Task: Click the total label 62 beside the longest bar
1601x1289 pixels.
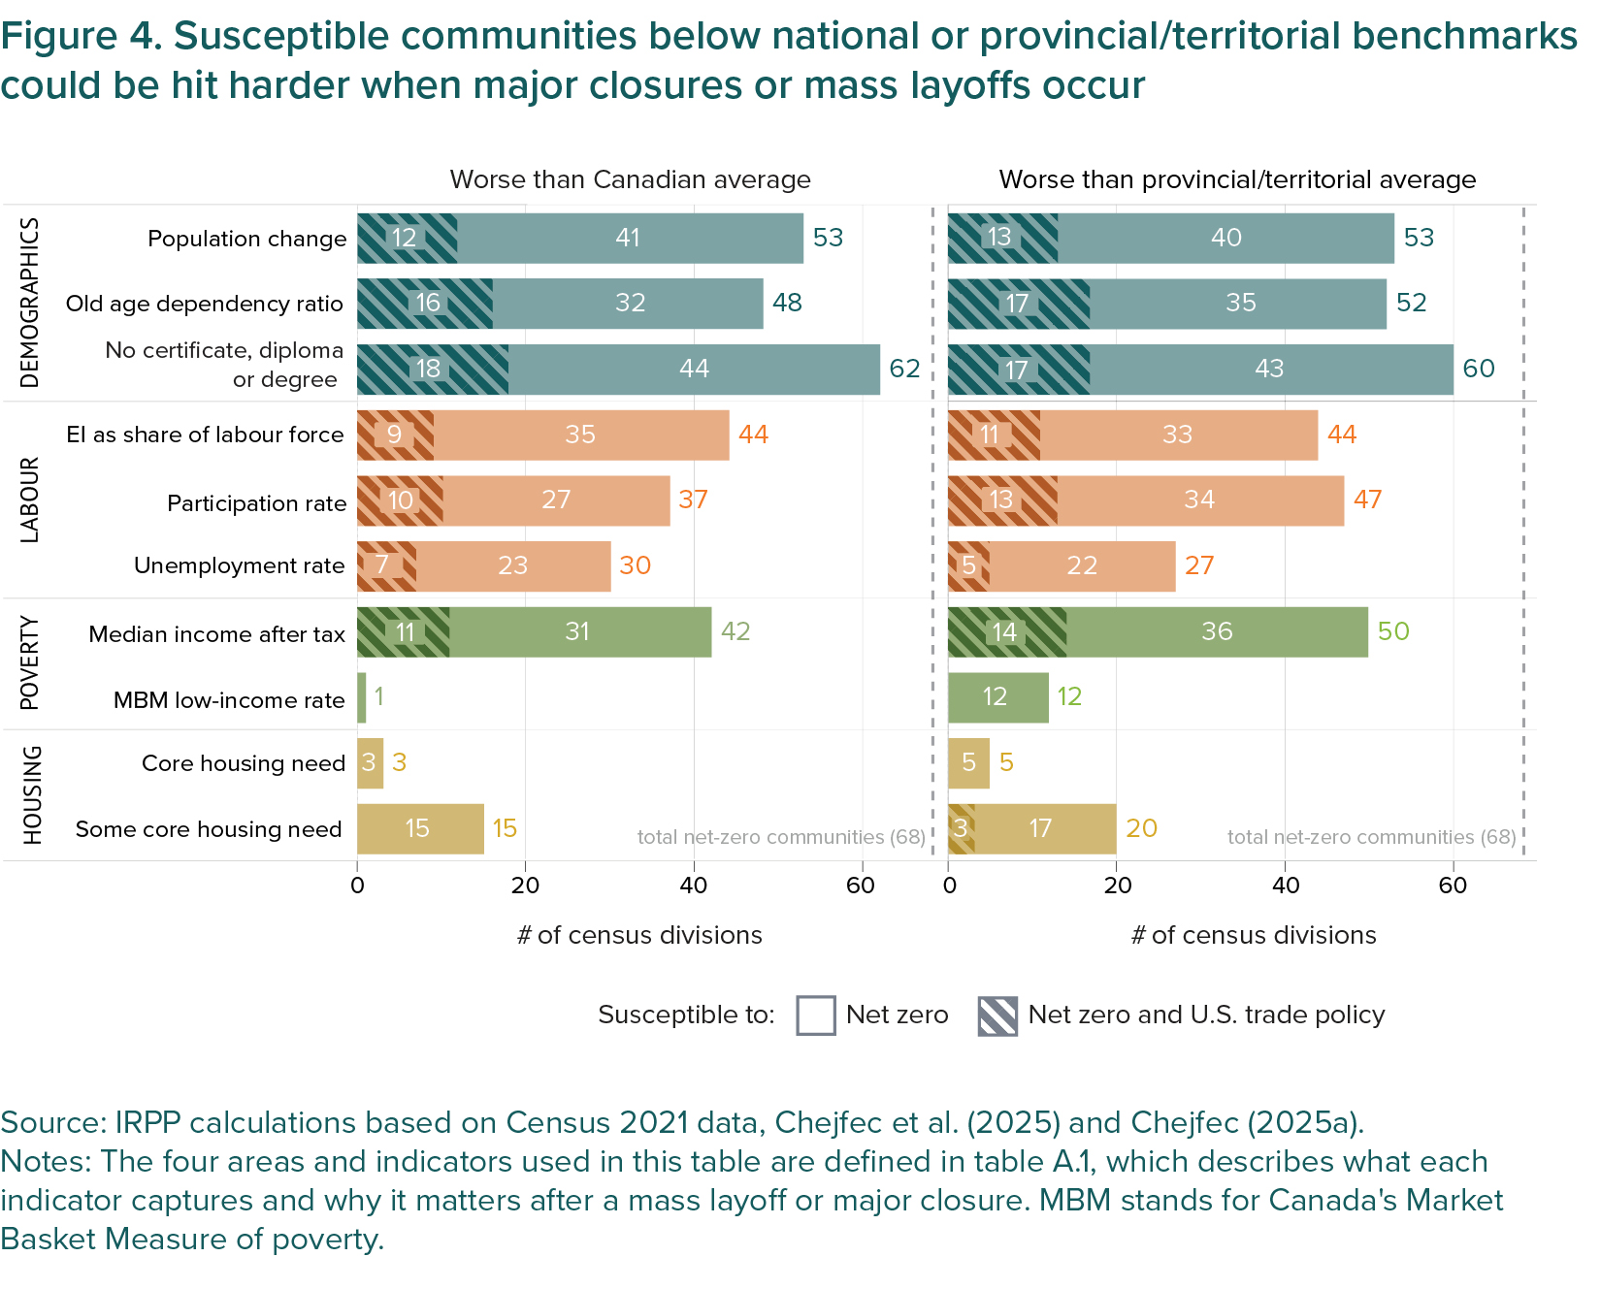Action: coord(904,369)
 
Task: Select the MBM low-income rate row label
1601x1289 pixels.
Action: coord(229,700)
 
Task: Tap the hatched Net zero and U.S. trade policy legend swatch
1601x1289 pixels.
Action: coord(997,1016)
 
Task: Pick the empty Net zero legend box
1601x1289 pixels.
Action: coord(815,1016)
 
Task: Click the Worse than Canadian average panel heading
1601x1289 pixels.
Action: coord(630,180)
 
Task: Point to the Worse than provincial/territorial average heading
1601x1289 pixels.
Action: coord(1237,180)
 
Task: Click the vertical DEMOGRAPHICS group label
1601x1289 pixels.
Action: coord(31,303)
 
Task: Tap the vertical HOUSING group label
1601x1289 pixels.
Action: coord(33,795)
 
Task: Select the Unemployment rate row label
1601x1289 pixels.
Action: coord(239,565)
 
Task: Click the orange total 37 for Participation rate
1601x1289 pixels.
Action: coord(693,499)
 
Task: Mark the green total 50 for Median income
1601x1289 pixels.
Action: coord(1393,631)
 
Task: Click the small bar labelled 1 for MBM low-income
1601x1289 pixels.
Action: coord(362,697)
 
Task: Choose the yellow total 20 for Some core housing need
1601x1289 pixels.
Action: coord(1141,828)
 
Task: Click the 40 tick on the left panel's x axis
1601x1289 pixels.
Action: coord(694,886)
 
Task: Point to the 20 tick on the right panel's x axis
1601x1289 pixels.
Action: coord(1117,886)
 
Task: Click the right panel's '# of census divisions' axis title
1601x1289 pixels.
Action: coord(1254,935)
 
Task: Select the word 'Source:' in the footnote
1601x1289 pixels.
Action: coord(54,1123)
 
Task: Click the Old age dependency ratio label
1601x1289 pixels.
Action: coord(204,304)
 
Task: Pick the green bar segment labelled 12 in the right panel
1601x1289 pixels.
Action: coord(997,697)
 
